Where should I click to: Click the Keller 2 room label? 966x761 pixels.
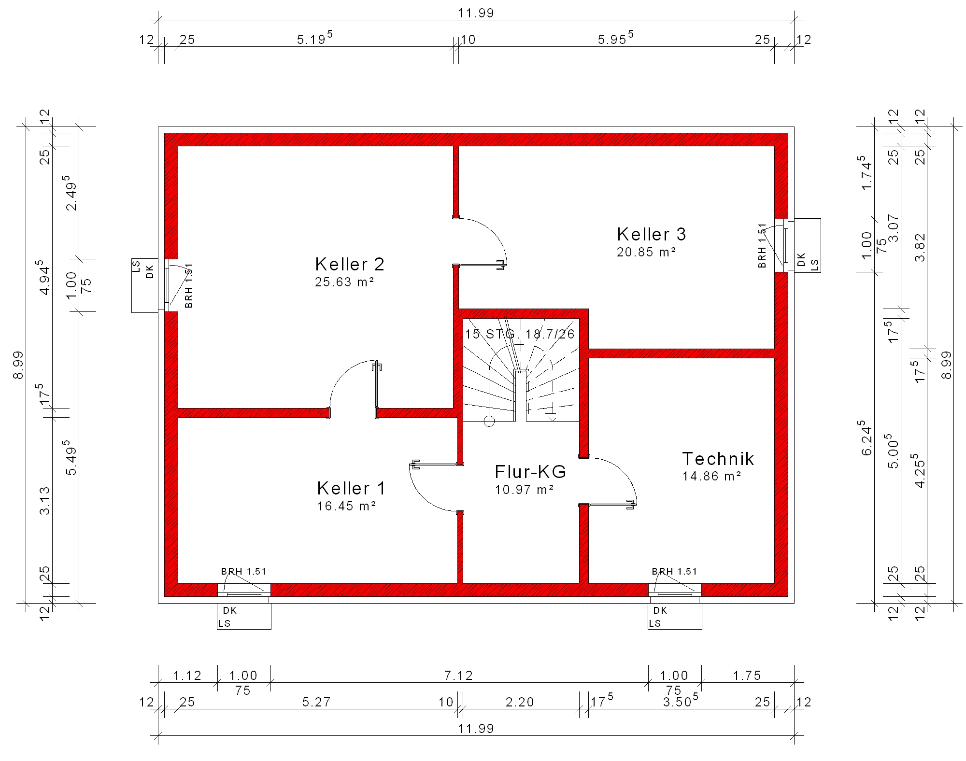(x=350, y=265)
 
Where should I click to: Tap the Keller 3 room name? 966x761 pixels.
(x=652, y=234)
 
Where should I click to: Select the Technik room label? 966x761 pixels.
(x=718, y=459)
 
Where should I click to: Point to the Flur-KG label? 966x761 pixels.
(x=530, y=471)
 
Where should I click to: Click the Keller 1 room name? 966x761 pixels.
(x=351, y=489)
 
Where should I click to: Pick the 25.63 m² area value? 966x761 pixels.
(x=345, y=282)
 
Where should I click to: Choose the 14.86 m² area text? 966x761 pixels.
(x=712, y=476)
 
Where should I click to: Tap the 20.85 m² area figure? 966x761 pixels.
(x=646, y=252)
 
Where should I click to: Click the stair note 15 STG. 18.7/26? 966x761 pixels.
(x=520, y=334)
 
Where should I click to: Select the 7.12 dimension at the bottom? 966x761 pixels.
(x=458, y=676)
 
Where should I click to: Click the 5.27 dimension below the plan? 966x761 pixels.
(x=316, y=702)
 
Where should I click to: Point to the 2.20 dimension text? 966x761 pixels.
(x=520, y=702)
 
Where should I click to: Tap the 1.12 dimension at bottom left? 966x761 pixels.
(x=187, y=676)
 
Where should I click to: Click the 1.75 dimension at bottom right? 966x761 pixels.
(x=747, y=676)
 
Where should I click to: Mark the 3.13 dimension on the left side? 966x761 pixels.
(x=45, y=501)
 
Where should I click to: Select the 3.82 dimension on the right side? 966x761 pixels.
(x=921, y=248)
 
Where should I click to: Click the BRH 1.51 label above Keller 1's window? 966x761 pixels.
(x=243, y=572)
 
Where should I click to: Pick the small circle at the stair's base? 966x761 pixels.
(x=489, y=422)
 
